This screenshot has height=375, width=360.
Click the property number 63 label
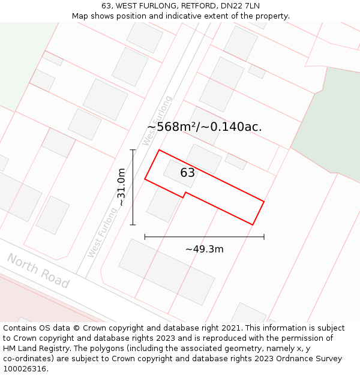188,173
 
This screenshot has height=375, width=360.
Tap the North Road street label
38,271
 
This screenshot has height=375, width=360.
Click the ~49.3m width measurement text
204,249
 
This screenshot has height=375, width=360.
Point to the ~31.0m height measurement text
121,187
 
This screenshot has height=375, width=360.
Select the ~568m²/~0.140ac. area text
205,127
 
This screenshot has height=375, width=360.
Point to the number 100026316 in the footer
25,369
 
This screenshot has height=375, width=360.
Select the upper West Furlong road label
158,120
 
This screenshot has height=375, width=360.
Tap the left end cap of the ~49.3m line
145,237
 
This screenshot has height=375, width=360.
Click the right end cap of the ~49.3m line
264,237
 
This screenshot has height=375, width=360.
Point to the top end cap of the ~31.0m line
133,150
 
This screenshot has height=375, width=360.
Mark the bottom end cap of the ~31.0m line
133,225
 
